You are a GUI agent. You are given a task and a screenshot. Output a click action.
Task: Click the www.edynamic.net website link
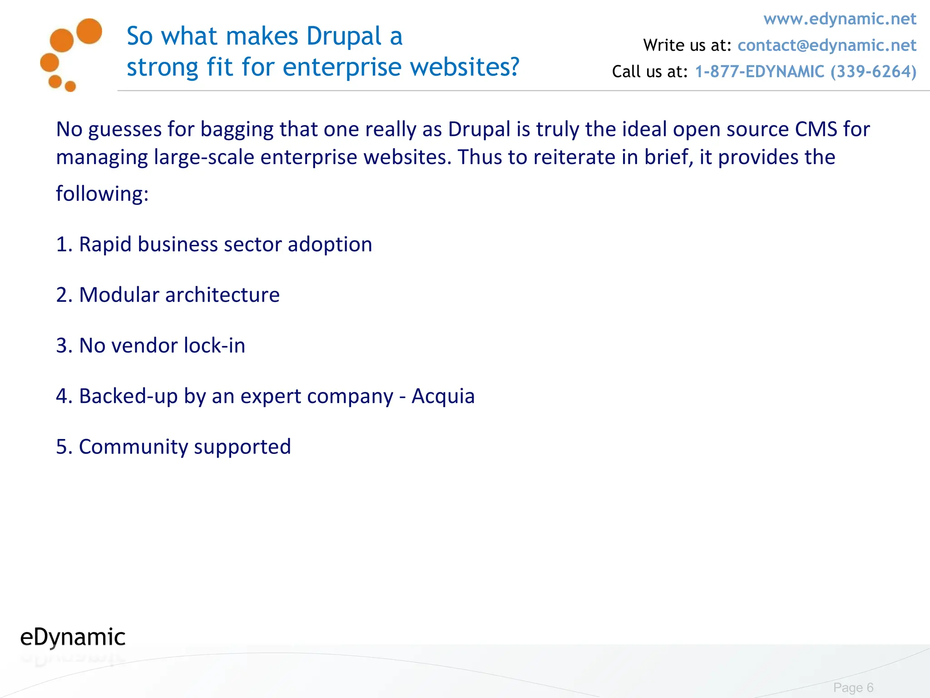pyautogui.click(x=840, y=19)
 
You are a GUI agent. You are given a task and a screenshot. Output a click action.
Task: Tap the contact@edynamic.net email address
pyautogui.click(x=826, y=45)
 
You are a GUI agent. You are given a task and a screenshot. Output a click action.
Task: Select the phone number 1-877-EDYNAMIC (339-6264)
pyautogui.click(x=806, y=72)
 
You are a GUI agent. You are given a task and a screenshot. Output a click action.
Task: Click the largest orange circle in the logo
pyautogui.click(x=89, y=31)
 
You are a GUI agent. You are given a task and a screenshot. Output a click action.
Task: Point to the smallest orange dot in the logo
pyautogui.click(x=70, y=86)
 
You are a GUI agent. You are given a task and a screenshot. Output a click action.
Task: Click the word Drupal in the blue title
pyautogui.click(x=344, y=36)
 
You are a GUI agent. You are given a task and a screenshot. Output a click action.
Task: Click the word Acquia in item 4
pyautogui.click(x=443, y=396)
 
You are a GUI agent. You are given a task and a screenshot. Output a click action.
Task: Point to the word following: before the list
pyautogui.click(x=102, y=194)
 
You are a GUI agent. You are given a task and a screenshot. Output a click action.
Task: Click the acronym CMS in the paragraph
pyautogui.click(x=816, y=130)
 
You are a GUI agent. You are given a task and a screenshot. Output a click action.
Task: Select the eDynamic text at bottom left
pyautogui.click(x=73, y=637)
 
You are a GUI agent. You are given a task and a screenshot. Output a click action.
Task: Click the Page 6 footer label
pyautogui.click(x=853, y=688)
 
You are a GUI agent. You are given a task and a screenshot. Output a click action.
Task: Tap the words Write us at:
pyautogui.click(x=687, y=45)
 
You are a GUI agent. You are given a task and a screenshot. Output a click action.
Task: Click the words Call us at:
pyautogui.click(x=650, y=72)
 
